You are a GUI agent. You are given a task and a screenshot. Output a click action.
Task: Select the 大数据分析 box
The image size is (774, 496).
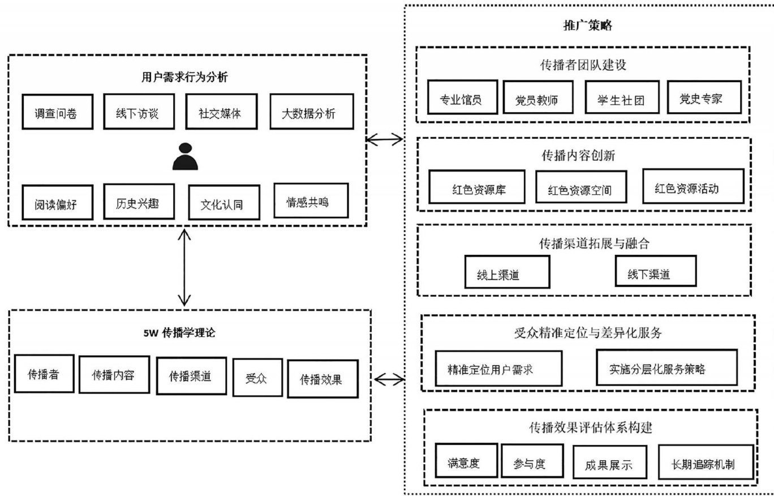click(309, 113)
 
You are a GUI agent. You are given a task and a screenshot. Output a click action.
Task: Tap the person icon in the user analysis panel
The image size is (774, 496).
click(186, 157)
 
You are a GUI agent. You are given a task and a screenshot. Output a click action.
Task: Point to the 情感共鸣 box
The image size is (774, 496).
click(311, 200)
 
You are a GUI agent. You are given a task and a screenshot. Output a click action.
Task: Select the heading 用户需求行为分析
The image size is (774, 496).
click(184, 77)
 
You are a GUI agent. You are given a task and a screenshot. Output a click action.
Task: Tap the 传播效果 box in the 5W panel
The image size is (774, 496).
click(322, 378)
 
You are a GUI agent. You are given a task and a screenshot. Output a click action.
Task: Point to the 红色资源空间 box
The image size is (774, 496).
click(581, 187)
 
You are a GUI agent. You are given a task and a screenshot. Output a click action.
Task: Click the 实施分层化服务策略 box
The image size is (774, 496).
click(666, 367)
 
